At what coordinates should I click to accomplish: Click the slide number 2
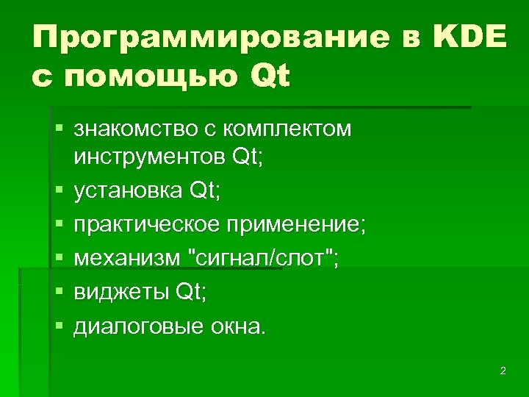(503, 371)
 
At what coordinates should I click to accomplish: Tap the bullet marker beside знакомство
(59, 130)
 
